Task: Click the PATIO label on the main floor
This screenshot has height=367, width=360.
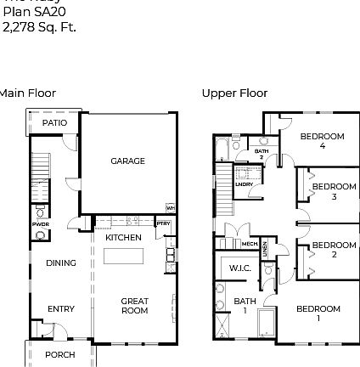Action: [x=54, y=123]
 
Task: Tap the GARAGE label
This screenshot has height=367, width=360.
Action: [x=127, y=161]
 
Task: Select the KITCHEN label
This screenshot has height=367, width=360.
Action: [x=123, y=238]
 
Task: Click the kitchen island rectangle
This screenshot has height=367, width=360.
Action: [x=124, y=257]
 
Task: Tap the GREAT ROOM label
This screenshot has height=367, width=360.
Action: [x=134, y=305]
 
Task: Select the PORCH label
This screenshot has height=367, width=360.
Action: [x=59, y=354]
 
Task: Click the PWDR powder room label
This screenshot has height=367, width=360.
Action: [x=40, y=224]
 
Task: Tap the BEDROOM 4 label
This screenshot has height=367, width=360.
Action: [x=322, y=140]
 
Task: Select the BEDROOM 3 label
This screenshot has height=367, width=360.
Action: [x=333, y=191]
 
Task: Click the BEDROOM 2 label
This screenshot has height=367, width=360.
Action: [x=333, y=249]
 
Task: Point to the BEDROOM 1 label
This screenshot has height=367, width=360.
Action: [x=318, y=313]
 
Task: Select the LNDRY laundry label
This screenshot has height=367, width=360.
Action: [x=244, y=183]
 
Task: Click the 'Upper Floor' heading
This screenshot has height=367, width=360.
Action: [x=234, y=93]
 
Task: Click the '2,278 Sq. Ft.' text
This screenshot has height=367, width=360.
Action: [x=39, y=27]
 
